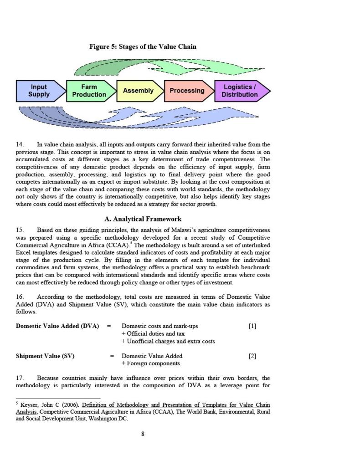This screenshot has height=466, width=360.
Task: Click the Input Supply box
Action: [x=39, y=91]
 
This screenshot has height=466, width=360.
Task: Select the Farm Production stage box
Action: [x=89, y=91]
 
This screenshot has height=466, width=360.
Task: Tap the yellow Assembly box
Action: [x=138, y=91]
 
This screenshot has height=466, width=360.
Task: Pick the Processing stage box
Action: [x=187, y=91]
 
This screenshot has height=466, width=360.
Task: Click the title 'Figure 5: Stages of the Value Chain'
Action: [x=143, y=46]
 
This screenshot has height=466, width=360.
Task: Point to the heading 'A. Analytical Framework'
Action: [x=143, y=219]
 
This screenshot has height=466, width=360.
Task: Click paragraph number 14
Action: [x=20, y=144]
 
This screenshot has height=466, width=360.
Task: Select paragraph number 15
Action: [x=20, y=230]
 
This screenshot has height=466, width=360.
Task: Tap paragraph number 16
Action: [x=20, y=297]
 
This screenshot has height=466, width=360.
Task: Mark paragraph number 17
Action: [x=20, y=378]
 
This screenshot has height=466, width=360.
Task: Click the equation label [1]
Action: [x=252, y=326]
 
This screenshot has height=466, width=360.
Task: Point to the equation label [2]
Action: [x=252, y=356]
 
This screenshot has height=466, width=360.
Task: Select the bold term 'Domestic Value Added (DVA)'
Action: [x=57, y=326]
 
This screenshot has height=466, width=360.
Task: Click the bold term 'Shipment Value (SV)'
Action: [x=45, y=356]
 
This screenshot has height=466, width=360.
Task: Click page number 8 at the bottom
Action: [x=143, y=434]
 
